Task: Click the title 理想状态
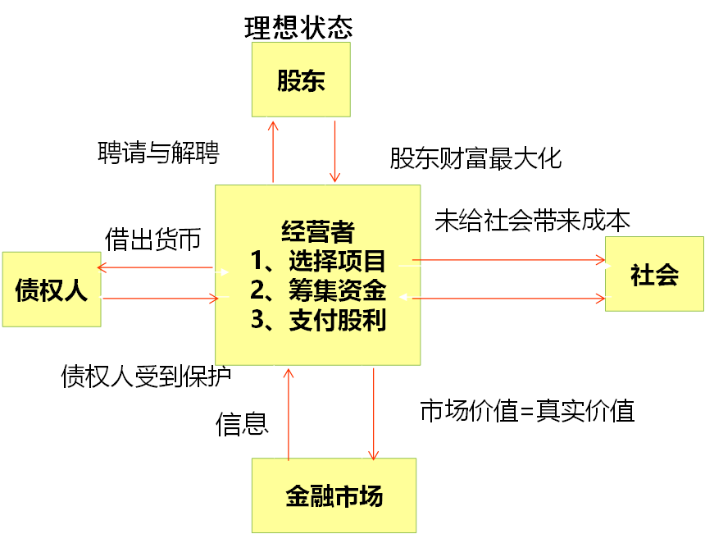point(298,27)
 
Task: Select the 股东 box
point(301,80)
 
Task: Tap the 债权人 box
point(51,290)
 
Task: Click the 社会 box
point(654,274)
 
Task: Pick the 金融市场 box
point(334,495)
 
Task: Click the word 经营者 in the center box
point(317,232)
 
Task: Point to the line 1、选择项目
point(318,262)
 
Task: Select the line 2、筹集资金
point(318,290)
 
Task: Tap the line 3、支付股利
point(318,320)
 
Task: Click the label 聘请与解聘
point(158,152)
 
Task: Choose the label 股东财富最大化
point(475,157)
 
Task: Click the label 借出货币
point(152,239)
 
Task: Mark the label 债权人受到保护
point(146,376)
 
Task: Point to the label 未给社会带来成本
point(532,221)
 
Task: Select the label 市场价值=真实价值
point(527,410)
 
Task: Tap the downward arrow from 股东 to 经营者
point(334,152)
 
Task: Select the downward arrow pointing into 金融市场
point(373,414)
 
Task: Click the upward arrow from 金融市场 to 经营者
point(288,414)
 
